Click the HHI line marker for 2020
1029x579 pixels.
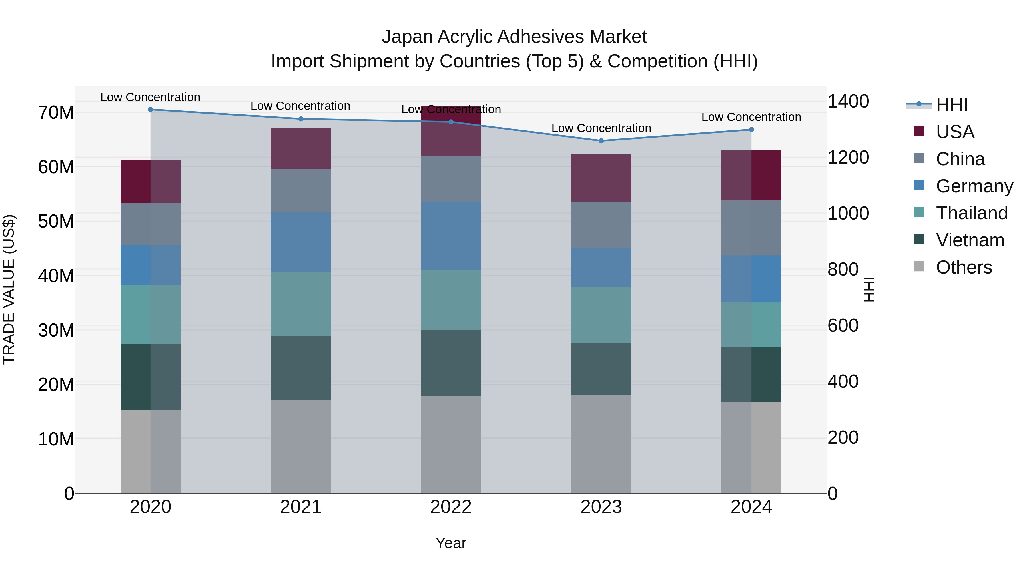click(151, 110)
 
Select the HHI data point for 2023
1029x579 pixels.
click(601, 141)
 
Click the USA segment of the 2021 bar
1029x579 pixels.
click(301, 148)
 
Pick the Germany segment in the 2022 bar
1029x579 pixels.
click(451, 236)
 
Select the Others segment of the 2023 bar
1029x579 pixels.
click(601, 444)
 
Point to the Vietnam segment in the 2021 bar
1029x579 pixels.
click(301, 368)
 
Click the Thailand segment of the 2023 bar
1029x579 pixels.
click(601, 315)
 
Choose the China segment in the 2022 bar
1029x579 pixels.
click(451, 179)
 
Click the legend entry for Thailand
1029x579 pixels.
click(972, 213)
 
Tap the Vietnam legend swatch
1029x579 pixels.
click(919, 240)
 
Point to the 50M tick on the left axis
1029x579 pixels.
click(56, 221)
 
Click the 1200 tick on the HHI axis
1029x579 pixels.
click(848, 158)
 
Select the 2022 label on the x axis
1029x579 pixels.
click(451, 507)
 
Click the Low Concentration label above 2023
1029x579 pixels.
click(601, 128)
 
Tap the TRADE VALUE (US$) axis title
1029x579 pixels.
click(9, 289)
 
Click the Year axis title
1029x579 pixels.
click(451, 543)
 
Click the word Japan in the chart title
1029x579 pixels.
click(407, 37)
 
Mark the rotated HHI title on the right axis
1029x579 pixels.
click(869, 289)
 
